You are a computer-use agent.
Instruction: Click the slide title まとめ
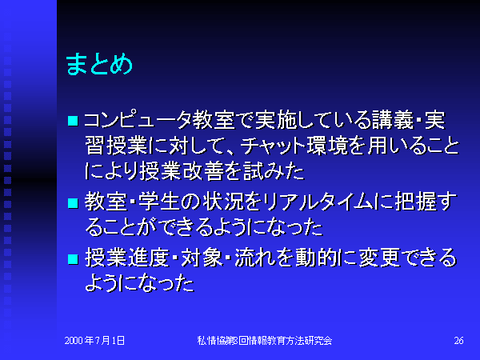click(99, 64)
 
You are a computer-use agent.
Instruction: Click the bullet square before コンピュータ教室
click(73, 121)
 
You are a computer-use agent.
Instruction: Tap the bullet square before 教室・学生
click(73, 203)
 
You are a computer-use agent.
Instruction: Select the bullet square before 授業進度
click(73, 259)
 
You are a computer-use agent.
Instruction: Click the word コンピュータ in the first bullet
click(138, 120)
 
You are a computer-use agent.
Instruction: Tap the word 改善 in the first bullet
click(203, 171)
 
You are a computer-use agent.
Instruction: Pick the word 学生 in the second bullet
click(158, 202)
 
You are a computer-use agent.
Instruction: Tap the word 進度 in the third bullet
click(148, 258)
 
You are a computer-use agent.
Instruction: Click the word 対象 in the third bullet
click(202, 258)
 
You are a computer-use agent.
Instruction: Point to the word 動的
click(316, 258)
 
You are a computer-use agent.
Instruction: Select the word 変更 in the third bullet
click(379, 258)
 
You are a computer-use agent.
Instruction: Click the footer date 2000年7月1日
click(94, 341)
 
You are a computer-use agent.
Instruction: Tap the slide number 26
click(458, 341)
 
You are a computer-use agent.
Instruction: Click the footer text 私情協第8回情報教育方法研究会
click(265, 341)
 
